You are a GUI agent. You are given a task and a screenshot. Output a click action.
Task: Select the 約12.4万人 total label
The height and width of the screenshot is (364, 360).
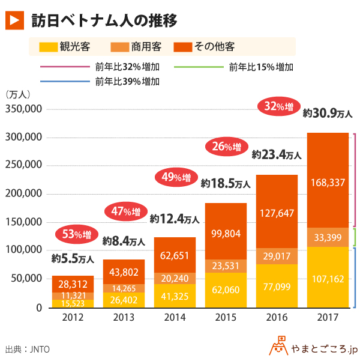174,219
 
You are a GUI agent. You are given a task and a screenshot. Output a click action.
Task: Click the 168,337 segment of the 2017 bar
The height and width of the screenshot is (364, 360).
328,181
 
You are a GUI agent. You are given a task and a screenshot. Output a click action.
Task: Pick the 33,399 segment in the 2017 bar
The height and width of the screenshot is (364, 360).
328,237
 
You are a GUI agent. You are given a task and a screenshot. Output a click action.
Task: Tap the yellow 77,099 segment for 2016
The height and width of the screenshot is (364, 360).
277,286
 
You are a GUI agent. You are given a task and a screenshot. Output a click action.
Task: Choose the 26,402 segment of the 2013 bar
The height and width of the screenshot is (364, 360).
124,296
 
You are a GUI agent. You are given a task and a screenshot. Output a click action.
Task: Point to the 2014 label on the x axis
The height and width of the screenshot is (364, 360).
174,317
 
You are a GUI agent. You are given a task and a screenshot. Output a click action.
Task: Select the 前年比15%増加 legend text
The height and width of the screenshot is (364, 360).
261,67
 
